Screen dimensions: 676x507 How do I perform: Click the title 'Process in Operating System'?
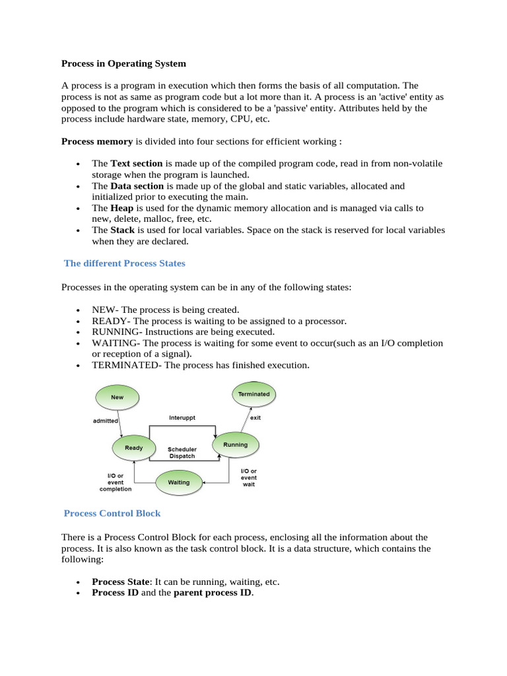[123, 64]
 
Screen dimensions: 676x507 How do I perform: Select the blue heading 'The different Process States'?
[124, 263]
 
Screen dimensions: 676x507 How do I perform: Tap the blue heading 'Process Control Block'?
[112, 513]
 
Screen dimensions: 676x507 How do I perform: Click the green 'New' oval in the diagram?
[117, 397]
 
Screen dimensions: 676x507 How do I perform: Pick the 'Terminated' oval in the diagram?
[253, 394]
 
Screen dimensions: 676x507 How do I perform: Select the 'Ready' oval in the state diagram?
[134, 448]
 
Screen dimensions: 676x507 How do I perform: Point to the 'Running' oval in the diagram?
[235, 445]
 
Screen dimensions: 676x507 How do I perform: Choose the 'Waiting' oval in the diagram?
[178, 482]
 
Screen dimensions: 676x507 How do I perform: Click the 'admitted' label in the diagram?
[105, 421]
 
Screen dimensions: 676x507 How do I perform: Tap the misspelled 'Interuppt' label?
[182, 418]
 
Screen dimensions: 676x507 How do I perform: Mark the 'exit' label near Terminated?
[255, 418]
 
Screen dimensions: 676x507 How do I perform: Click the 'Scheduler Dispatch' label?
[182, 452]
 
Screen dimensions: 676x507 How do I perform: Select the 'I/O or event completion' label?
[115, 482]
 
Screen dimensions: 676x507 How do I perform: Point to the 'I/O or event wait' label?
[248, 477]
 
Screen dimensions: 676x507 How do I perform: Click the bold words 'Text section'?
[136, 164]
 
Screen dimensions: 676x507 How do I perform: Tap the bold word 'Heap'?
[122, 208]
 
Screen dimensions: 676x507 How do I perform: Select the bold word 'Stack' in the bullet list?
[123, 230]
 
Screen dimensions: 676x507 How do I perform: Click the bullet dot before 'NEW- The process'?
[78, 310]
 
